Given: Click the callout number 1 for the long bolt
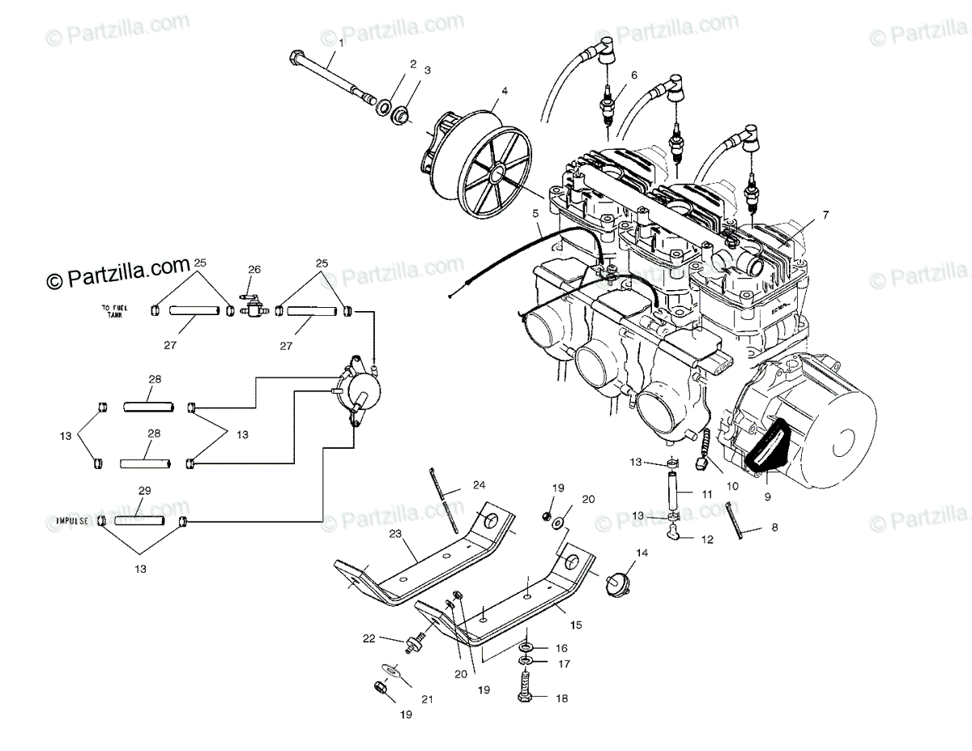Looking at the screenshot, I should [x=341, y=42].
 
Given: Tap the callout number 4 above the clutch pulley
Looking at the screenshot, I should [x=504, y=91].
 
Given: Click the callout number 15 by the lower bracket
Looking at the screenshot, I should [x=576, y=625].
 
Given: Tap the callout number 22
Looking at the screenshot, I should [x=370, y=638].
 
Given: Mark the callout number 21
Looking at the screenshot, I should [x=426, y=699].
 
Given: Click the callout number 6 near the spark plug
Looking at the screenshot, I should [x=634, y=75].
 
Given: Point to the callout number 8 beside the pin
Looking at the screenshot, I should [x=774, y=527].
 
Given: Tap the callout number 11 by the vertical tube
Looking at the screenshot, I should [x=707, y=493].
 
